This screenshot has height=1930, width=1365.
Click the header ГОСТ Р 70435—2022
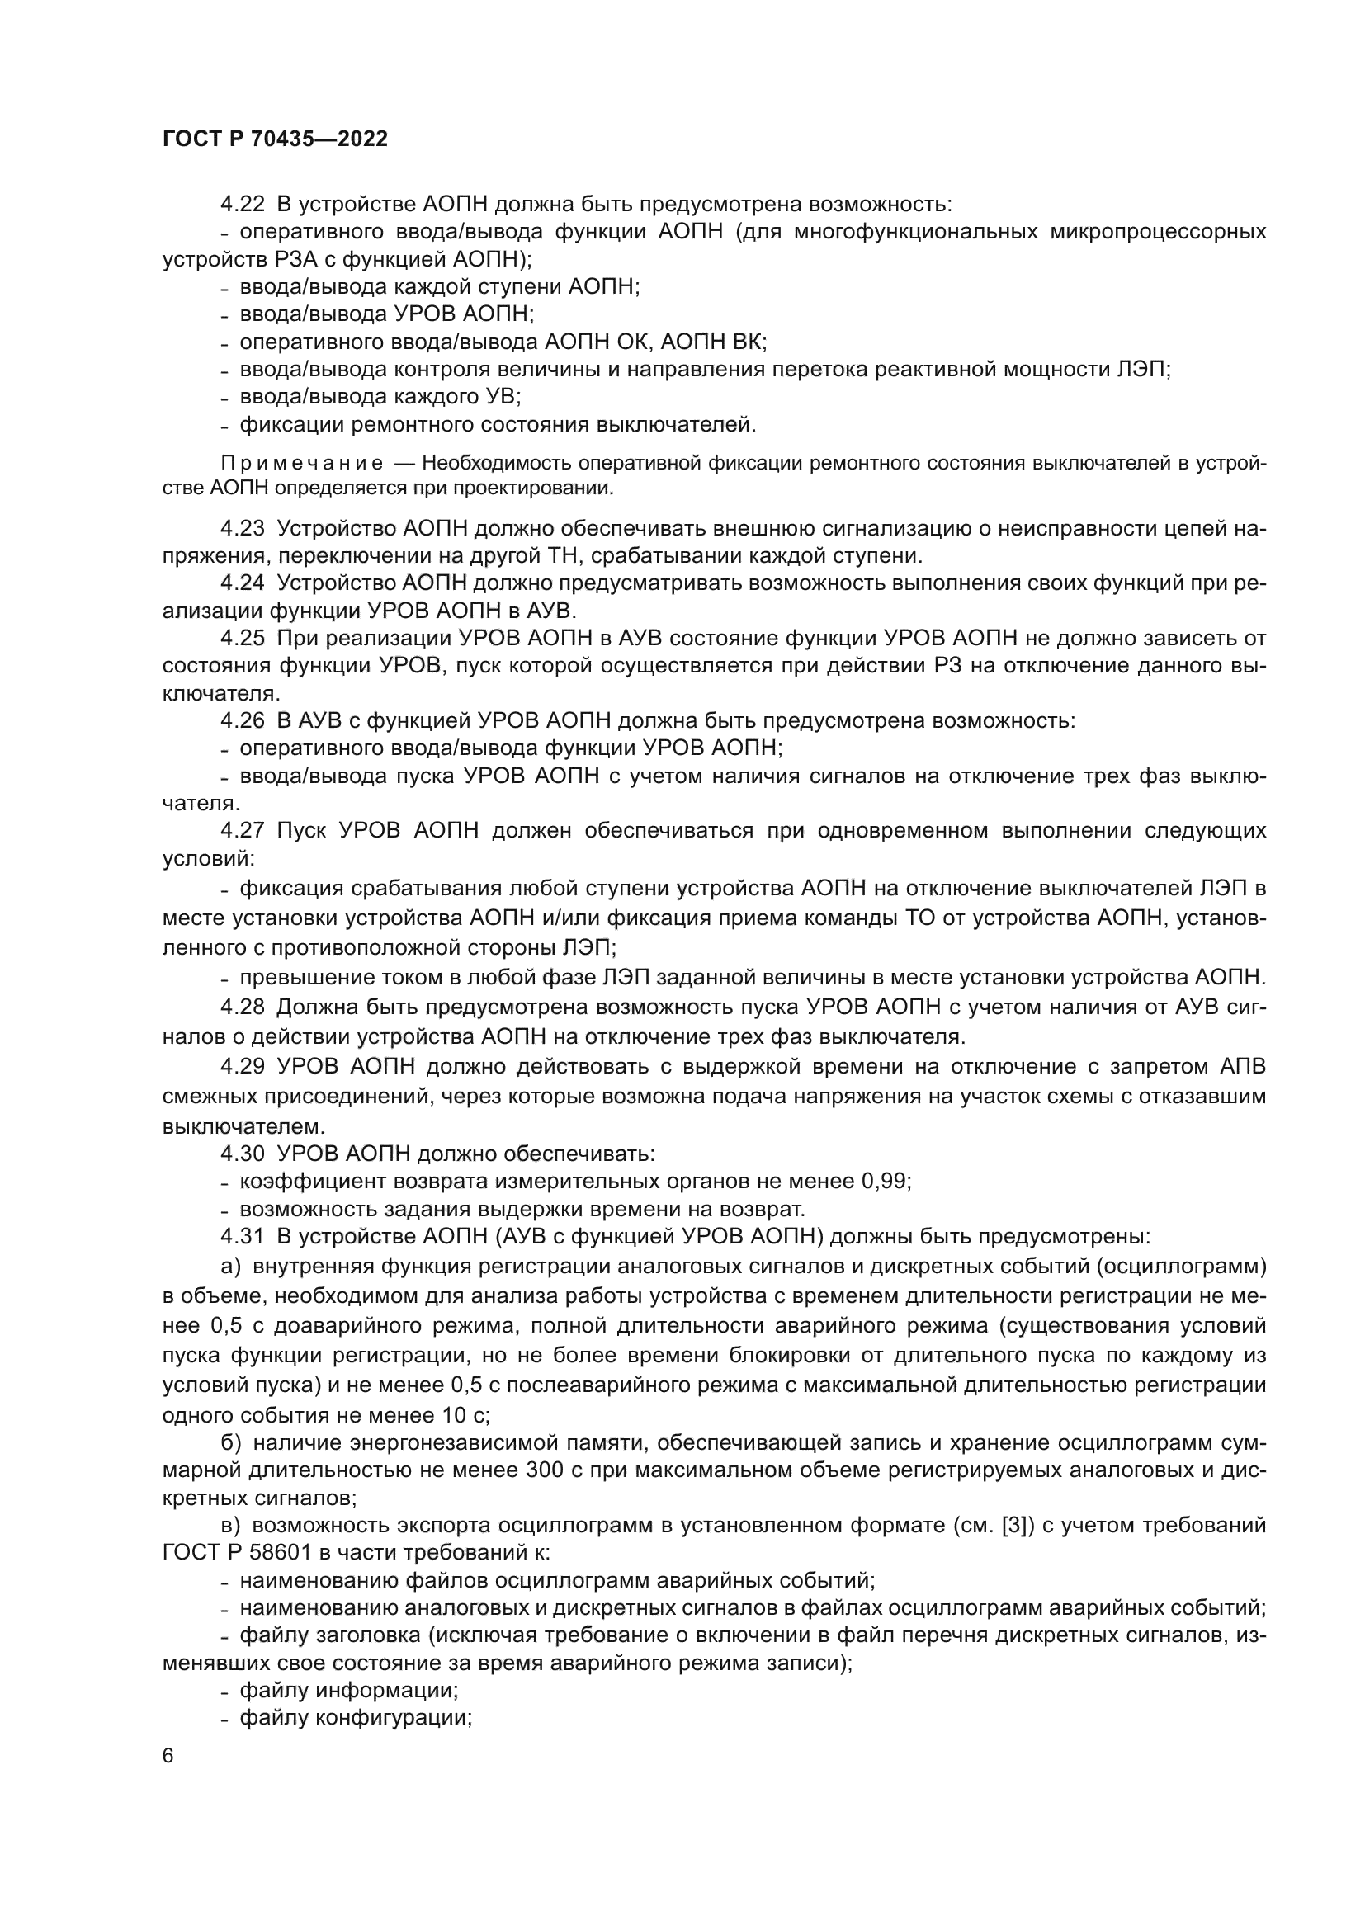click(x=275, y=139)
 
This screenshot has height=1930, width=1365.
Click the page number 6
click(x=168, y=1756)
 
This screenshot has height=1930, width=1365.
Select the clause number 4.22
click(x=242, y=205)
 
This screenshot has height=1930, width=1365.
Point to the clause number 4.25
click(x=242, y=638)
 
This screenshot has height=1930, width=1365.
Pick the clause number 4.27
click(x=242, y=831)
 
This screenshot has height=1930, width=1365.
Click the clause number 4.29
click(x=242, y=1067)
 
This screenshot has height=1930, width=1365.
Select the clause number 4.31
click(x=242, y=1237)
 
